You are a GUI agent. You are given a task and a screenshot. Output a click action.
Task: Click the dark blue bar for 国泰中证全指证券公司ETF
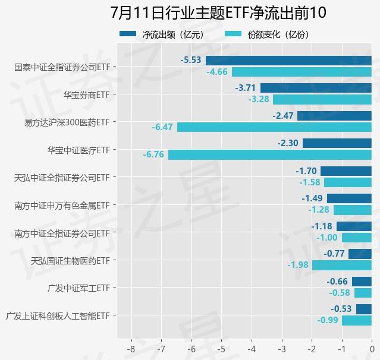coord(288,60)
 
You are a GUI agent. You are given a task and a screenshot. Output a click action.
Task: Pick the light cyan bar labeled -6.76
coord(270,154)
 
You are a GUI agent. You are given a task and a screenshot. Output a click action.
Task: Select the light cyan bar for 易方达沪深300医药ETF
coord(274,127)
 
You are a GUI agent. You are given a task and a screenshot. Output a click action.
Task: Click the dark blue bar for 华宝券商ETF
coord(316,88)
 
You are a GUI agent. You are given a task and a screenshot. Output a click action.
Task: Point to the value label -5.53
coord(190,60)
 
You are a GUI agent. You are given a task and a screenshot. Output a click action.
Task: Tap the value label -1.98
coord(297,265)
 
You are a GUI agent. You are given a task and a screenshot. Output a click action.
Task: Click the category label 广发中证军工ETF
coord(81,288)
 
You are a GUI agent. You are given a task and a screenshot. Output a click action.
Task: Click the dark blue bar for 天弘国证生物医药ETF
coord(360,254)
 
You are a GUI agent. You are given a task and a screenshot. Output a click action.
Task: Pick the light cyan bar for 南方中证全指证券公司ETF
coord(357,238)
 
